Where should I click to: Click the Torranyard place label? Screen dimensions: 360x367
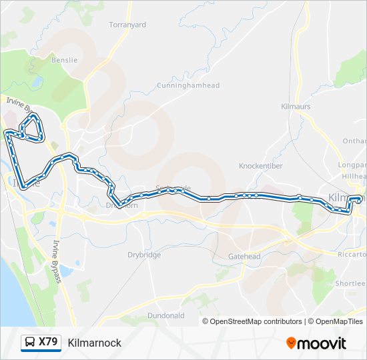(127, 25)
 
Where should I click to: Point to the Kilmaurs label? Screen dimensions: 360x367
(296, 106)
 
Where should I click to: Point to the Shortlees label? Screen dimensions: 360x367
(350, 283)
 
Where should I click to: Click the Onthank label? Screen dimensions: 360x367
(354, 141)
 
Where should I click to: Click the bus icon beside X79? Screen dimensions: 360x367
(30, 343)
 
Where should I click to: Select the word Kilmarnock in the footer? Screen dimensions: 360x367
(94, 343)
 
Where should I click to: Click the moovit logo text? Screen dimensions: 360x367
(322, 343)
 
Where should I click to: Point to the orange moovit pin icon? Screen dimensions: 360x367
(291, 343)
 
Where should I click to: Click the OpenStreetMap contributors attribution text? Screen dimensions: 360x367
(256, 321)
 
